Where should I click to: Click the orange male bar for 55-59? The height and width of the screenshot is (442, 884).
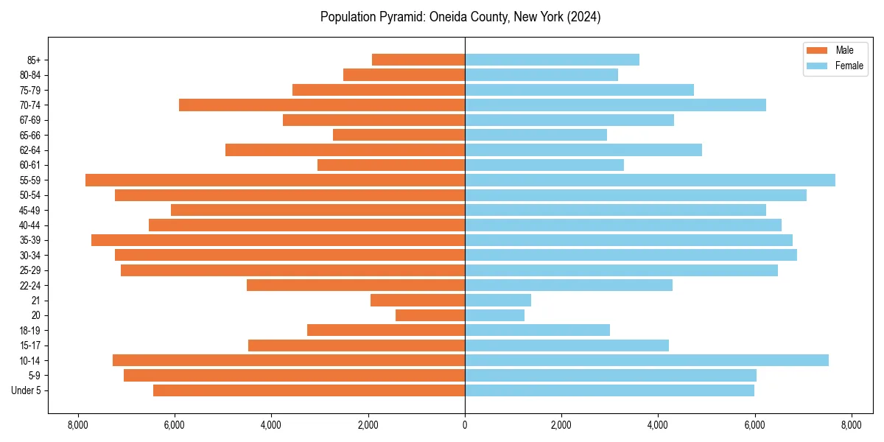[x=275, y=180]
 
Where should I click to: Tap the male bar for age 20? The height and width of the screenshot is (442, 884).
[x=430, y=315]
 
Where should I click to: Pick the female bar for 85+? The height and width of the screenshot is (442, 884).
[x=552, y=60]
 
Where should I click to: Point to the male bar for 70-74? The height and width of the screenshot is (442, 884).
[x=322, y=105]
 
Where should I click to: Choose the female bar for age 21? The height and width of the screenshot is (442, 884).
[x=498, y=300]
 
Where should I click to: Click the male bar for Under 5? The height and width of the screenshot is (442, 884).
[x=309, y=390]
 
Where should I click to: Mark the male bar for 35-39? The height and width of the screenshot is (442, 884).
[x=278, y=240]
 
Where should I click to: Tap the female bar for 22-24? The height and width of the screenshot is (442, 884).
[x=568, y=285]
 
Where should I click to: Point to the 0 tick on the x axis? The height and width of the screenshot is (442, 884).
[x=465, y=425]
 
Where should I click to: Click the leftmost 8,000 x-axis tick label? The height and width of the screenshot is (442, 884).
[x=77, y=425]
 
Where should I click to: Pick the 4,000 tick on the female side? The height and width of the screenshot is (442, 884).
[x=658, y=425]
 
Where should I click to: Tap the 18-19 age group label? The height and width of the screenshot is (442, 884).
[x=29, y=330]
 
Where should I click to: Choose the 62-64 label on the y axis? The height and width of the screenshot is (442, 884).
[x=29, y=150]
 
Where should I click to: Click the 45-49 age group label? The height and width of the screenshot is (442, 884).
[x=29, y=210]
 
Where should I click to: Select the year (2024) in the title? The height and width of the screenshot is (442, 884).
[x=584, y=17]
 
